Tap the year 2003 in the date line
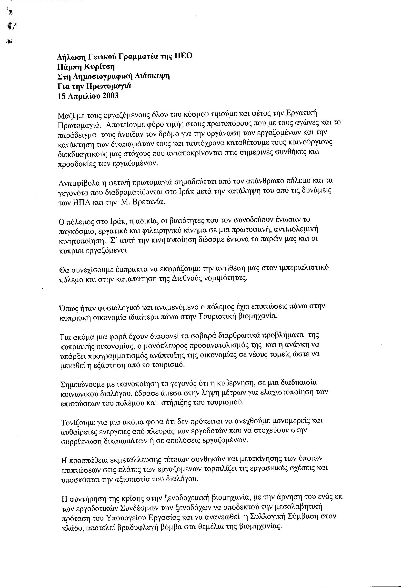110,96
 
